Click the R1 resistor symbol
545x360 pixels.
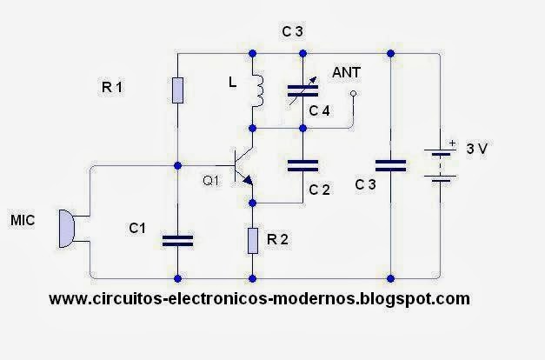(x=177, y=90)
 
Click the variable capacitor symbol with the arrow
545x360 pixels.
(x=302, y=91)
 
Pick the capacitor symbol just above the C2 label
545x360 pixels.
(x=302, y=163)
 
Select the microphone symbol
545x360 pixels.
(x=65, y=227)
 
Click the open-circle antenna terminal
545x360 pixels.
(x=353, y=115)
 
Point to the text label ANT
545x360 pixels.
(x=348, y=75)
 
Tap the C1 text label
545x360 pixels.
(x=137, y=228)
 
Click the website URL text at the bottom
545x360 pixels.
(x=259, y=298)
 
